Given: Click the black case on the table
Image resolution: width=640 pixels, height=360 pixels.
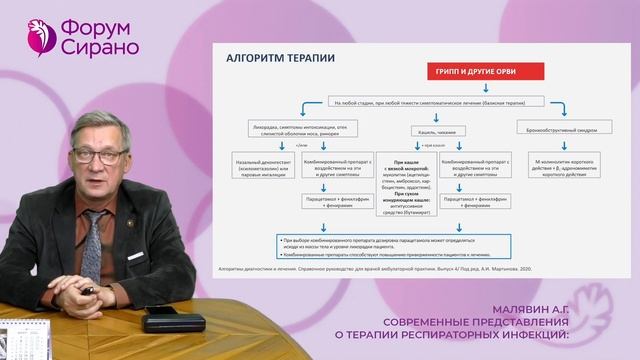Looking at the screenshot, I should (172, 321).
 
